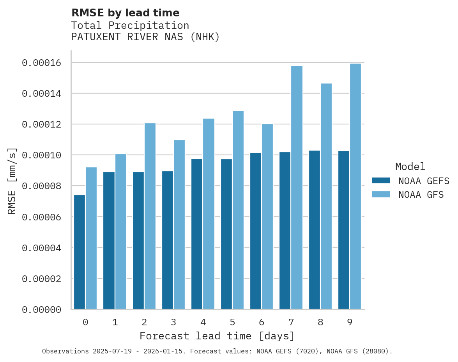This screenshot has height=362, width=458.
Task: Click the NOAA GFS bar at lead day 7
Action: click(x=297, y=187)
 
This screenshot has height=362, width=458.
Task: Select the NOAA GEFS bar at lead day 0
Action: click(x=80, y=252)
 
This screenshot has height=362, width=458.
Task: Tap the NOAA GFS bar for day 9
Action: click(x=355, y=186)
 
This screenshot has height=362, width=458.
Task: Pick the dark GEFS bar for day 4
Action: click(x=197, y=234)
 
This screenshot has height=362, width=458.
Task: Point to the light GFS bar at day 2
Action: click(x=150, y=216)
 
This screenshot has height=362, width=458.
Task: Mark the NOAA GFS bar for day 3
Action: click(x=179, y=224)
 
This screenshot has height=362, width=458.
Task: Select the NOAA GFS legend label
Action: click(x=421, y=194)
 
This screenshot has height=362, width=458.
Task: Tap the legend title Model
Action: click(x=410, y=167)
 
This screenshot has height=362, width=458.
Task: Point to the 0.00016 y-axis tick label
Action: click(x=41, y=63)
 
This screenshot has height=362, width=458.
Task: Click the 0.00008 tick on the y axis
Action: click(x=41, y=186)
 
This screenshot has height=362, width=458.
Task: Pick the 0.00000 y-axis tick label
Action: click(x=41, y=310)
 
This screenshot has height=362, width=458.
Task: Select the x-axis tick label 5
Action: click(x=232, y=322)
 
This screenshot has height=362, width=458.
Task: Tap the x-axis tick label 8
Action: click(x=320, y=322)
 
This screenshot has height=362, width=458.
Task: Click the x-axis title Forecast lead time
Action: click(x=217, y=336)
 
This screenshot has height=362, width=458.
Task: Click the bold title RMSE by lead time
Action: click(x=126, y=13)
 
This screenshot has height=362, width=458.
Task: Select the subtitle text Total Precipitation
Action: click(x=130, y=25)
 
